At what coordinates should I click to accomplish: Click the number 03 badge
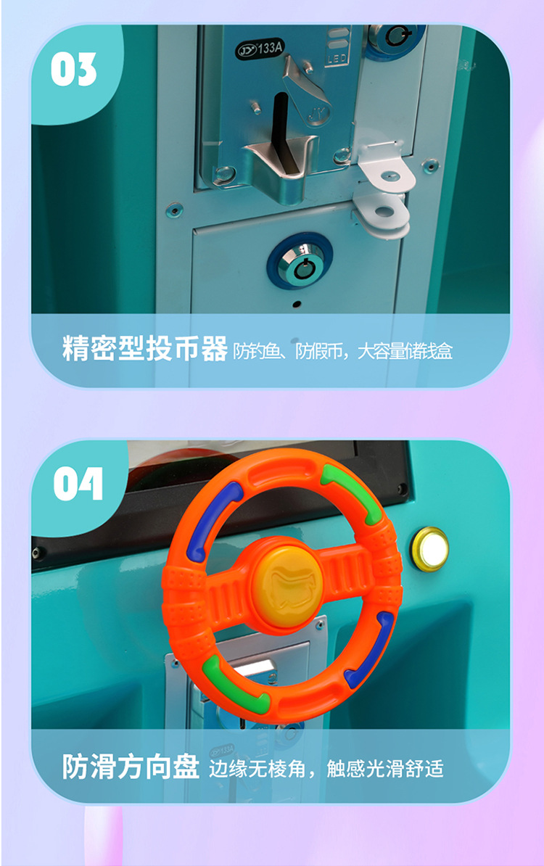click(x=73, y=70)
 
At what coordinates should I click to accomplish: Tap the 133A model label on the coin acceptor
click(x=270, y=49)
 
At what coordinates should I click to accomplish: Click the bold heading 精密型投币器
click(x=144, y=348)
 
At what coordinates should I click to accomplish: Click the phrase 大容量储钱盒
click(x=405, y=351)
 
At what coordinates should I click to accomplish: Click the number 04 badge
click(x=78, y=484)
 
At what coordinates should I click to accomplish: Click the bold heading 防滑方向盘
click(x=131, y=766)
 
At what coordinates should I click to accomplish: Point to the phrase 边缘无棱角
click(x=257, y=768)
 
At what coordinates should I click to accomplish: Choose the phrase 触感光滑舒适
click(x=385, y=768)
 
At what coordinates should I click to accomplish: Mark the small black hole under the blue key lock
click(x=297, y=304)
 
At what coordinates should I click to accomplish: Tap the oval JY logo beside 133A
click(x=247, y=51)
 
